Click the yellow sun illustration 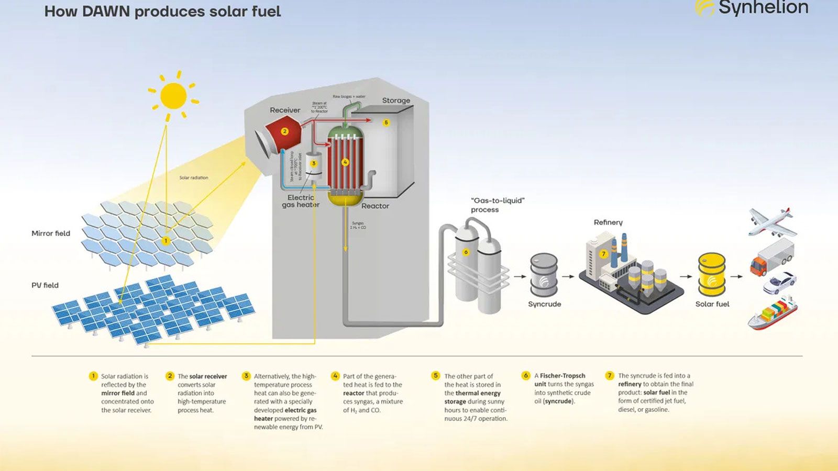(173, 96)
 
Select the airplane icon (771, 222)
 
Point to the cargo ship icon (773, 312)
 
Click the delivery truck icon (772, 257)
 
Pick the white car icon (779, 283)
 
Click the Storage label (396, 100)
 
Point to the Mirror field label (51, 233)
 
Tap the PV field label (45, 285)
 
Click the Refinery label (608, 222)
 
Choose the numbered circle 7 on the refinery (603, 254)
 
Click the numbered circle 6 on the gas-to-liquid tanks (466, 252)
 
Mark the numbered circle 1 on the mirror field (166, 241)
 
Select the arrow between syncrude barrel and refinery (568, 276)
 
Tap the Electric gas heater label (301, 201)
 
